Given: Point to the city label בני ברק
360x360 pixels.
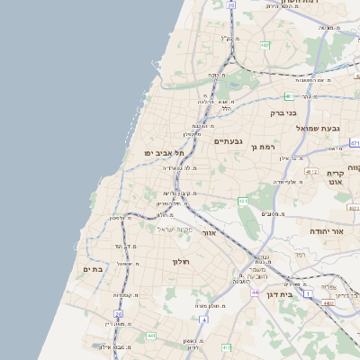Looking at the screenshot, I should click(283, 112).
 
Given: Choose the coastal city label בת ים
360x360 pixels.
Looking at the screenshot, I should click(94, 268).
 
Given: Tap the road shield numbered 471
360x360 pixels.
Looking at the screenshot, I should click(355, 143).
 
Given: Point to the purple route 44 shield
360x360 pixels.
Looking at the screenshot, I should click(256, 292).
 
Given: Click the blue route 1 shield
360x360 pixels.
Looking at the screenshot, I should click(306, 294).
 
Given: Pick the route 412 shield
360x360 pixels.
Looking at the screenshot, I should click(227, 347).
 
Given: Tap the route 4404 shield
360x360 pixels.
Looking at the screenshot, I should click(329, 305).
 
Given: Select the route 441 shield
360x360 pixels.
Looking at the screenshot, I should click(151, 336).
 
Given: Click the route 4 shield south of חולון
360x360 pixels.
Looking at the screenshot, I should click(205, 319).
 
